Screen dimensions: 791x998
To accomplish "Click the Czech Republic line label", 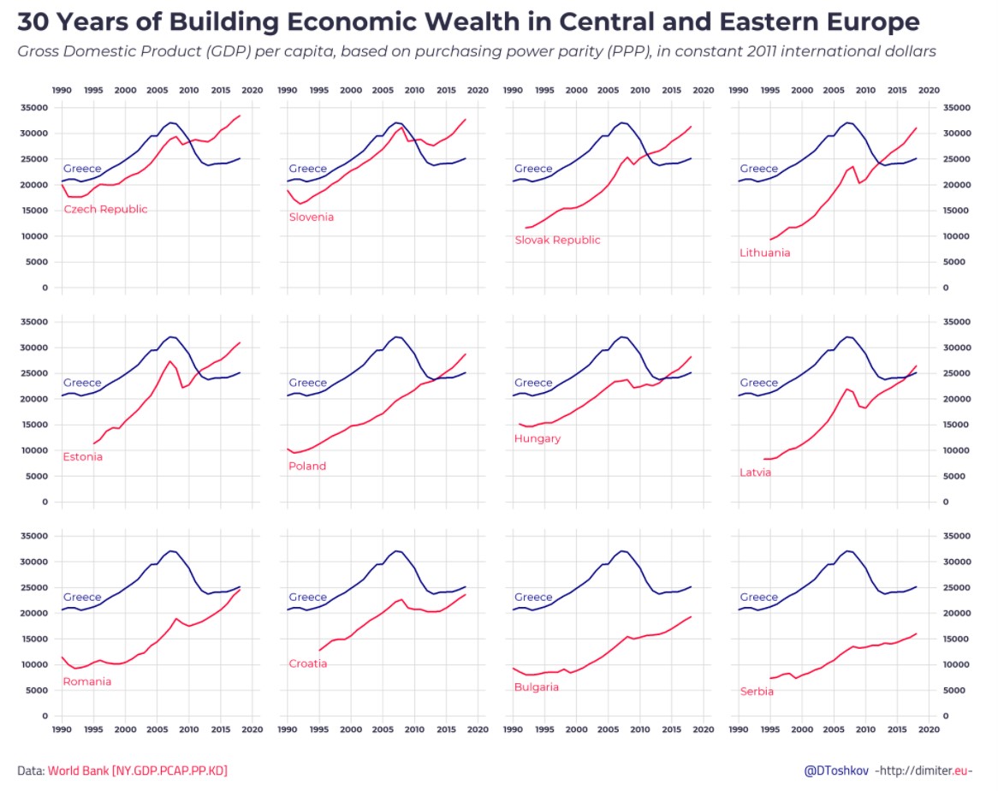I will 105,210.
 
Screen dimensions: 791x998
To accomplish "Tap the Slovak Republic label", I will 557,241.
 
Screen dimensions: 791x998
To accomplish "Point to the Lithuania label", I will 765,253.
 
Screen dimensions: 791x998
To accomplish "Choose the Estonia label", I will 83,457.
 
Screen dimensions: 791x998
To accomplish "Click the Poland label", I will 307,467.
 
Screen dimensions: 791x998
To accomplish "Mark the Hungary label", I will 538,439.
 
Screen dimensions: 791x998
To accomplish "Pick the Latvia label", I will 756,473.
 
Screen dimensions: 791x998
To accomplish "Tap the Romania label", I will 87,682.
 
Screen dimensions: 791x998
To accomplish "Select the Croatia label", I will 308,664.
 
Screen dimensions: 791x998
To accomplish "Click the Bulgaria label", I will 537,687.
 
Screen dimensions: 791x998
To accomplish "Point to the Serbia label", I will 757,692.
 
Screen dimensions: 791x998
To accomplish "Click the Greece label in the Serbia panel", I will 759,598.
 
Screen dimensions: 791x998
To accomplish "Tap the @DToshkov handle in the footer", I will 836,771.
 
